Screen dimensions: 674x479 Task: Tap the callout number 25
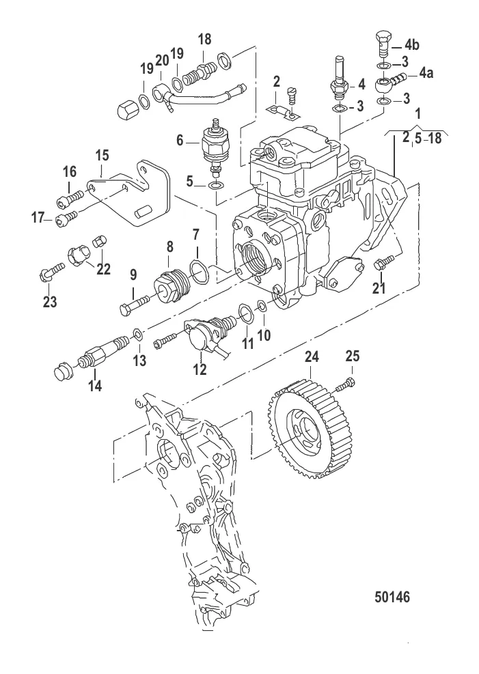pyautogui.click(x=352, y=356)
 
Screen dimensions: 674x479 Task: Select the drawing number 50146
pyautogui.click(x=393, y=595)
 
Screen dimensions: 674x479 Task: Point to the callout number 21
pyautogui.click(x=379, y=288)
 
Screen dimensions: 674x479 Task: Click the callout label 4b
pyautogui.click(x=413, y=46)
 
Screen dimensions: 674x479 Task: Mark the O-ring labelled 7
pyautogui.click(x=198, y=273)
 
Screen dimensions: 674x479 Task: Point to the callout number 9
pyautogui.click(x=133, y=275)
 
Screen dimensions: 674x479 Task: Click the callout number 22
pyautogui.click(x=103, y=268)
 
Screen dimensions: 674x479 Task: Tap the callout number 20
pyautogui.click(x=161, y=60)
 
